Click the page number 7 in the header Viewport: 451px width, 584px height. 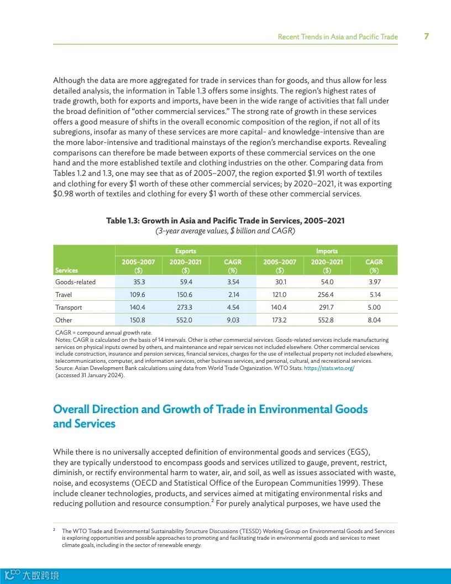click(426, 36)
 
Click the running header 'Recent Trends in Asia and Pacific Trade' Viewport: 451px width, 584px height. click(337, 37)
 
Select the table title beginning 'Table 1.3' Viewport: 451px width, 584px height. click(225, 221)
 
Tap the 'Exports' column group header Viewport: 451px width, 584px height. click(186, 251)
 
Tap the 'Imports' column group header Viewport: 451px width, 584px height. click(327, 251)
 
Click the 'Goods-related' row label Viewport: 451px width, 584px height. click(75, 282)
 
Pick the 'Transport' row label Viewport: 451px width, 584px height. click(69, 307)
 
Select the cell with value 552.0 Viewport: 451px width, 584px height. click(184, 320)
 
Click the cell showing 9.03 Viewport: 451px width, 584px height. click(233, 320)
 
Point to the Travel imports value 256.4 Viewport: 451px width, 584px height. click(326, 295)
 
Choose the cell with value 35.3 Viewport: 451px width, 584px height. click(139, 282)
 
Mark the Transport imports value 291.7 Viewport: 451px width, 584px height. click(326, 307)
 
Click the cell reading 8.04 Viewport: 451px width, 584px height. click(374, 320)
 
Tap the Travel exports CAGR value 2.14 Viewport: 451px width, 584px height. click(233, 295)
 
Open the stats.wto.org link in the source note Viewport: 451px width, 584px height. click(329, 368)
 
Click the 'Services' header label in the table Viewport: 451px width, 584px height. click(66, 270)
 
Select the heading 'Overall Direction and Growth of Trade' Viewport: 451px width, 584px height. click(210, 416)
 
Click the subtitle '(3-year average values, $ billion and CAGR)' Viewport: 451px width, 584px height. click(225, 231)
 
